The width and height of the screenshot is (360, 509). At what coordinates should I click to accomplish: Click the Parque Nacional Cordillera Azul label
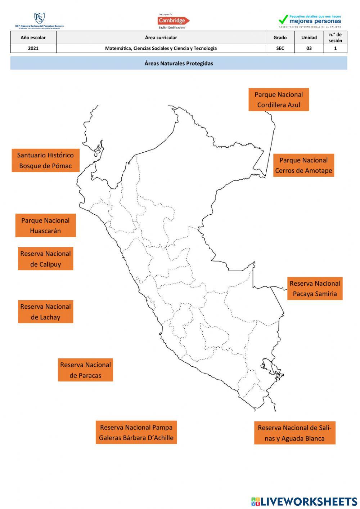pyautogui.click(x=279, y=100)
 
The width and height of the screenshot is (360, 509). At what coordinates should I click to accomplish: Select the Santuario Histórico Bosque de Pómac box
pyautogui.click(x=45, y=160)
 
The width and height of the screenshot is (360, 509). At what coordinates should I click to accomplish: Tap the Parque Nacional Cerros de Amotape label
pyautogui.click(x=303, y=165)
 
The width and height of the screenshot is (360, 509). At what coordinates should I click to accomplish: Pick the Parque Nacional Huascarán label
pyautogui.click(x=45, y=226)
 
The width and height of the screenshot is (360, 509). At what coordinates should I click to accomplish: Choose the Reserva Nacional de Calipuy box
pyautogui.click(x=45, y=259)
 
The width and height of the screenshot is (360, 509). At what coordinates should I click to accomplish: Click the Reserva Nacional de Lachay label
pyautogui.click(x=45, y=312)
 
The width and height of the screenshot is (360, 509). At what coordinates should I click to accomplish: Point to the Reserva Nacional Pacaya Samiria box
pyautogui.click(x=315, y=289)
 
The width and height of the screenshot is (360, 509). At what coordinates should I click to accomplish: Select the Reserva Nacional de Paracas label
pyautogui.click(x=85, y=370)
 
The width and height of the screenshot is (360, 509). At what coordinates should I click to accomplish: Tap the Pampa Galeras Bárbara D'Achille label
pyautogui.click(x=136, y=433)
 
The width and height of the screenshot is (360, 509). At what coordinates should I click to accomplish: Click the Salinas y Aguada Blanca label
pyautogui.click(x=294, y=433)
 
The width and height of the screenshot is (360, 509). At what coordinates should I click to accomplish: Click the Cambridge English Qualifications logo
pyautogui.click(x=173, y=21)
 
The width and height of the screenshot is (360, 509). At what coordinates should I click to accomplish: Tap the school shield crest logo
pyautogui.click(x=39, y=19)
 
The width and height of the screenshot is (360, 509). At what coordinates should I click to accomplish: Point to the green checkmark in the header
pyautogui.click(x=283, y=19)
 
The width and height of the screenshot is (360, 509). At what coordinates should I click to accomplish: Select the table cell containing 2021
pyautogui.click(x=33, y=48)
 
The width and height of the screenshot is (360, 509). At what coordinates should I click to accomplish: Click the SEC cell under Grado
pyautogui.click(x=280, y=48)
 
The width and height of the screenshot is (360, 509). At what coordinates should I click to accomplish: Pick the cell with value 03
pyautogui.click(x=309, y=48)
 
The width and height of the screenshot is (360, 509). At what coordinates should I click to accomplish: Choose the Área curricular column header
pyautogui.click(x=161, y=37)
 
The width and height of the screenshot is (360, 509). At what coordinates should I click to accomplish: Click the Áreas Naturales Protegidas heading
pyautogui.click(x=179, y=63)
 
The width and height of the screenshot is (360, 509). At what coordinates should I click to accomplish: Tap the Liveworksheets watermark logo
pyautogui.click(x=304, y=501)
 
